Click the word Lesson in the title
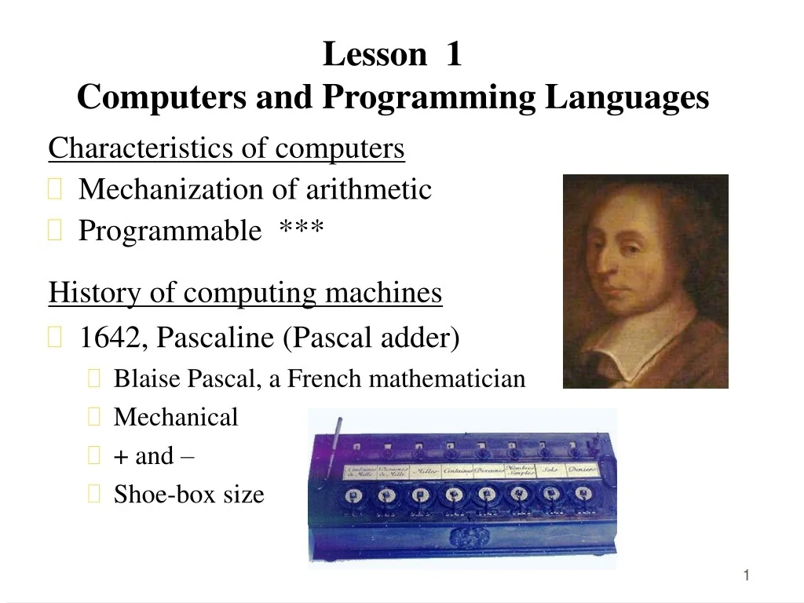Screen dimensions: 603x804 coord(374,56)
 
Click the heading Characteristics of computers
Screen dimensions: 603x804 coord(226,148)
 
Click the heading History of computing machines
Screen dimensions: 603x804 coord(245,294)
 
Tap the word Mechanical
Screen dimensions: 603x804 coord(175,418)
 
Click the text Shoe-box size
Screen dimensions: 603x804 coord(188,495)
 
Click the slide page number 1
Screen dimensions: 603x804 coord(747,577)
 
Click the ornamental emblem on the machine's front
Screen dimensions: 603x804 coord(459,536)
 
